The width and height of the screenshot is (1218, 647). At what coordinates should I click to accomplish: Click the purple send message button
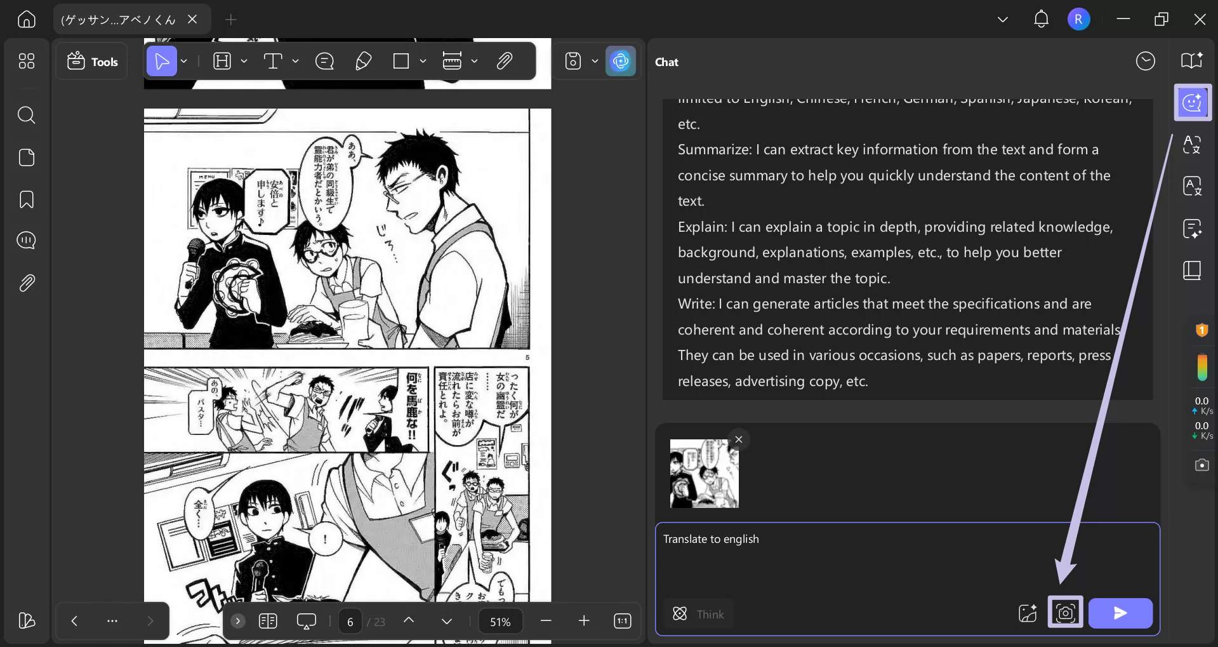1120,613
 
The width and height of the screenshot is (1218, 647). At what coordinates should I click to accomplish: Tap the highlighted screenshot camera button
1065,612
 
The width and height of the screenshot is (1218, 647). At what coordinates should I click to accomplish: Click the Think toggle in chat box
698,614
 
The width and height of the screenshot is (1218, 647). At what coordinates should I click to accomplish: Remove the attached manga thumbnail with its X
739,439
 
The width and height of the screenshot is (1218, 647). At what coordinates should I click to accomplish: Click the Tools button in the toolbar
93,62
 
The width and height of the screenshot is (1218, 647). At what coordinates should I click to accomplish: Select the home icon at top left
27,20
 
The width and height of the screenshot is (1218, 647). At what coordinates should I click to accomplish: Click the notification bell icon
1041,20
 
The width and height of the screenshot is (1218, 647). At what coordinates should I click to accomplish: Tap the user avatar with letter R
1078,20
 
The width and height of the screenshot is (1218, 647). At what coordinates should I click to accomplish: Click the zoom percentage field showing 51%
500,622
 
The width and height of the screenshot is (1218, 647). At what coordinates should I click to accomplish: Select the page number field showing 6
350,622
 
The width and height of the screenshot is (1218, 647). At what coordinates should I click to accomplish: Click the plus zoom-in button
584,621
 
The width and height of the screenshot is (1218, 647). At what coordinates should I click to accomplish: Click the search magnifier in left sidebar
27,115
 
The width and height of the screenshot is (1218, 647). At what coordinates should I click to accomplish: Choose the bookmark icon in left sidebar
27,199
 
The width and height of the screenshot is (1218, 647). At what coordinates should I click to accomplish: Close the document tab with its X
192,20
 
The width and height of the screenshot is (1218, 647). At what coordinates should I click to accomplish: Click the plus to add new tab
231,20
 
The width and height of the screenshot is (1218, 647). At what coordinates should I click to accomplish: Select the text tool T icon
272,62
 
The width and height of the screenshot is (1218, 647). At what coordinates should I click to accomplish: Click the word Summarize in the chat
714,150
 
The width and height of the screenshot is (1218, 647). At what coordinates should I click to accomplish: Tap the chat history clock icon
1145,62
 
